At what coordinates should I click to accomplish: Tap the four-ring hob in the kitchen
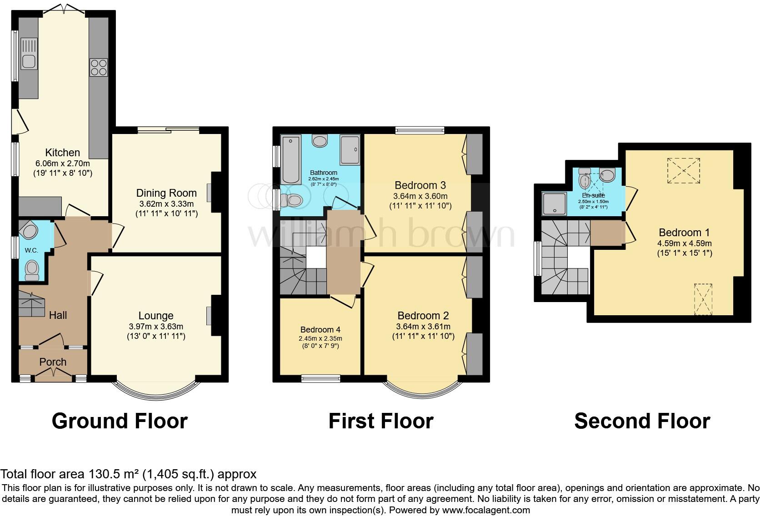(x=99, y=68)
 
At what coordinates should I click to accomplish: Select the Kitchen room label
(x=63, y=153)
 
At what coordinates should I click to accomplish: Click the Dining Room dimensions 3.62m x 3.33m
(x=166, y=204)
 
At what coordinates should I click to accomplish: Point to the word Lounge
(x=156, y=316)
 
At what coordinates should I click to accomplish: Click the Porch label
(x=53, y=362)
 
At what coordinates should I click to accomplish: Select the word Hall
(x=58, y=315)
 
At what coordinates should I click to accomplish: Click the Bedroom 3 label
(x=420, y=185)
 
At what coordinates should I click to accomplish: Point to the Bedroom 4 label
(x=320, y=330)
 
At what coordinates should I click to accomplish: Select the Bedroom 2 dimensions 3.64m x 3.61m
(x=423, y=327)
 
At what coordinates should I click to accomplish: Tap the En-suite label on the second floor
(x=593, y=195)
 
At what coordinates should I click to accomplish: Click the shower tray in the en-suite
(x=554, y=203)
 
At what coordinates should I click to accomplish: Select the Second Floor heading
(x=642, y=421)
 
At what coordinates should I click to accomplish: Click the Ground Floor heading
(x=120, y=421)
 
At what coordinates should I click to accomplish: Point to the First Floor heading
(x=381, y=421)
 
